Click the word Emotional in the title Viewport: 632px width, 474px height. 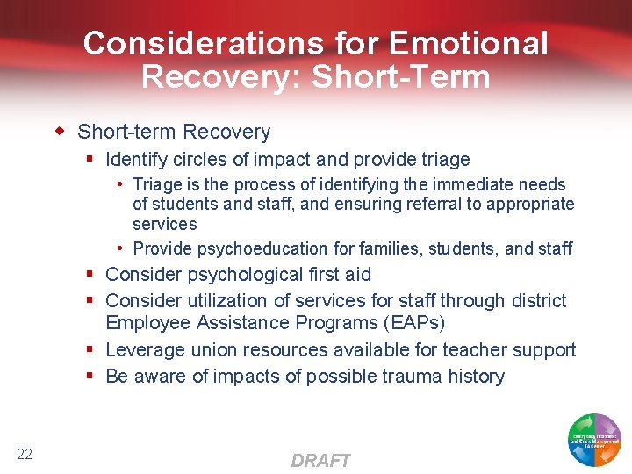469,43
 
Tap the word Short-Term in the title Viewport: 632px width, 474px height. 401,76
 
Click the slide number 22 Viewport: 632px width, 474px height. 25,454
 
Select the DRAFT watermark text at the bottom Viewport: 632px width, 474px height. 320,460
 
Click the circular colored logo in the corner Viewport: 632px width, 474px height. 594,438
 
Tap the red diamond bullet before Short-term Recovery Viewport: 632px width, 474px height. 61,132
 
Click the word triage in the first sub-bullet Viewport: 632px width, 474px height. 447,160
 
